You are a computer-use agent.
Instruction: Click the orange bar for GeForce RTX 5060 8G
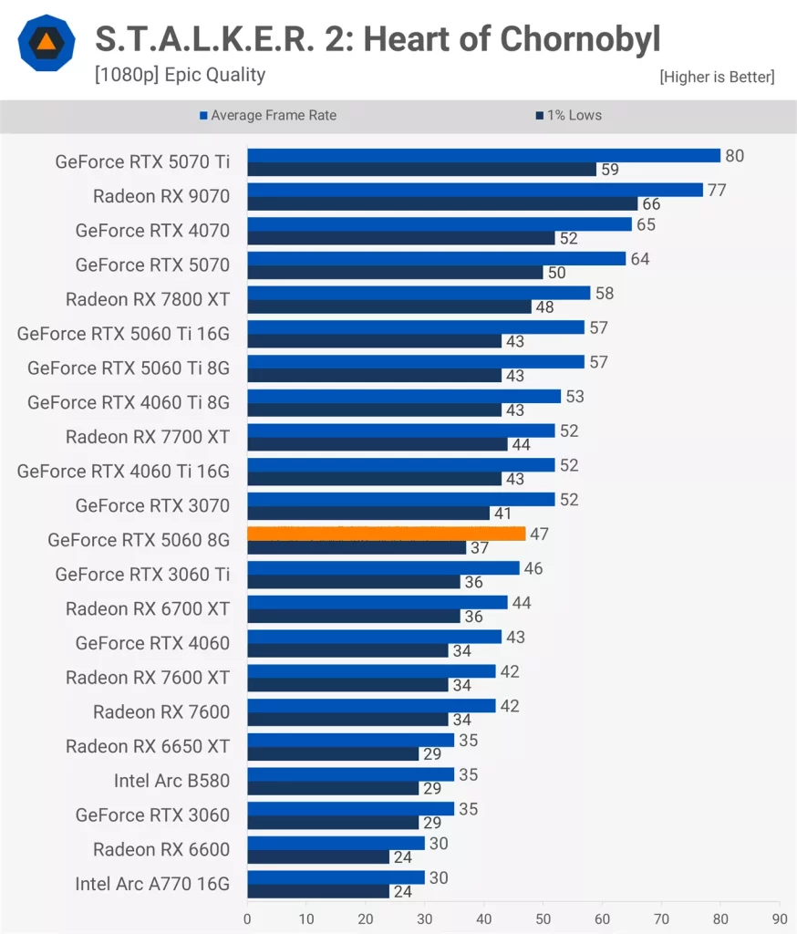(x=386, y=534)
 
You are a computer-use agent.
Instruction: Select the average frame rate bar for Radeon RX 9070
(x=474, y=190)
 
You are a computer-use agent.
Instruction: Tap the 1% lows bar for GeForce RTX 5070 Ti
(x=421, y=170)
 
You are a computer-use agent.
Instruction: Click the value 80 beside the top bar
(x=734, y=156)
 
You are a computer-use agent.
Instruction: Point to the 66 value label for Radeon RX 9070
(x=651, y=204)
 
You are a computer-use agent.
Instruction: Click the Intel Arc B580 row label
(x=171, y=781)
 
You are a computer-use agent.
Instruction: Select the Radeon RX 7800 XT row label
(x=148, y=299)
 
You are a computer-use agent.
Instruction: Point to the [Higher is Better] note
(x=717, y=78)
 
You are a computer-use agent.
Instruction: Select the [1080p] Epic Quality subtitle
(x=180, y=75)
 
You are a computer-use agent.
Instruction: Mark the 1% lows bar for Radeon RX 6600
(x=318, y=857)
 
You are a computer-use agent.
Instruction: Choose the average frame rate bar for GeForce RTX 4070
(x=439, y=224)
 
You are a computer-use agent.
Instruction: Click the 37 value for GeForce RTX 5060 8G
(x=480, y=548)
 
